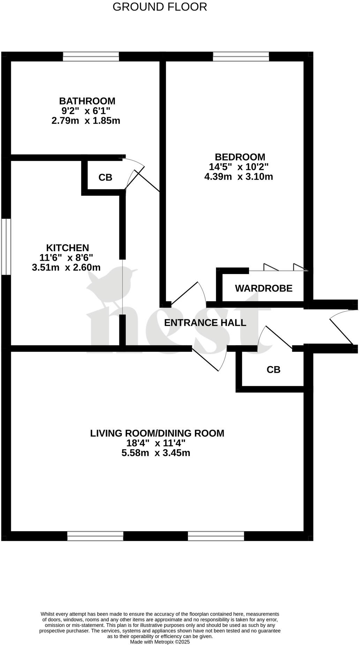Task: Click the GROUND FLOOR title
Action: [160, 7]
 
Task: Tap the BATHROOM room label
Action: [87, 101]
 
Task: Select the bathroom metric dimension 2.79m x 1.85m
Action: [86, 121]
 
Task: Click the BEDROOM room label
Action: [240, 157]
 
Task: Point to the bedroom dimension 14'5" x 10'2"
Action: [239, 167]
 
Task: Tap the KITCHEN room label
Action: [68, 248]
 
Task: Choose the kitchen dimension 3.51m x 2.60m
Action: [66, 268]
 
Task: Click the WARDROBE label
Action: [264, 288]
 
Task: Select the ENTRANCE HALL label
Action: [205, 323]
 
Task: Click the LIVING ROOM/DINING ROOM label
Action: [157, 433]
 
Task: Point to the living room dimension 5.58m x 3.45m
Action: [156, 453]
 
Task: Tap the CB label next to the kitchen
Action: [105, 178]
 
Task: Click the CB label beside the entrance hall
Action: [273, 370]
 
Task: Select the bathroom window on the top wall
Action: [91, 57]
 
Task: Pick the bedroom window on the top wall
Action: [241, 57]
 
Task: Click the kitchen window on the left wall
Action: [6, 247]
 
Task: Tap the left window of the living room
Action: [95, 536]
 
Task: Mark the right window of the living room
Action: [216, 536]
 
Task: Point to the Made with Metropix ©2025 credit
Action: [160, 642]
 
